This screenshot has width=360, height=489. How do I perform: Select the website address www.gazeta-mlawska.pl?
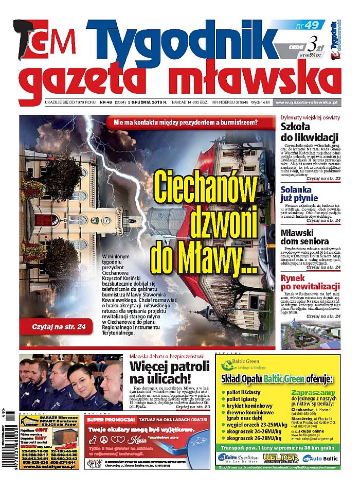click(308, 102)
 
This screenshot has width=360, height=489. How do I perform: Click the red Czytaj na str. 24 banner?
click(55, 326)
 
